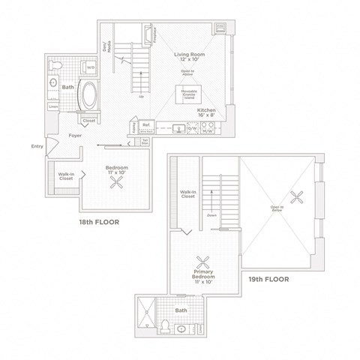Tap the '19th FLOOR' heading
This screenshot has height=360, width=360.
(x=268, y=280)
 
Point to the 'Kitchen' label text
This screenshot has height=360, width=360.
(x=207, y=110)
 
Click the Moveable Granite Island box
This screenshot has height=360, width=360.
(x=187, y=95)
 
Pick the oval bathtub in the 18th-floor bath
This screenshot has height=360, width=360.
(x=88, y=97)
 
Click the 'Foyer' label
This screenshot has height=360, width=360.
(x=75, y=136)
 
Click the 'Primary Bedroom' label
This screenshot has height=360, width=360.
(x=202, y=278)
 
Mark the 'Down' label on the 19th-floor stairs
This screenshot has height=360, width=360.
(x=211, y=214)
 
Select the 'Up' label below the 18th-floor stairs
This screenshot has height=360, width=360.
(x=141, y=97)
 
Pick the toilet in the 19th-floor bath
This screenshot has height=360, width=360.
(x=163, y=325)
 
